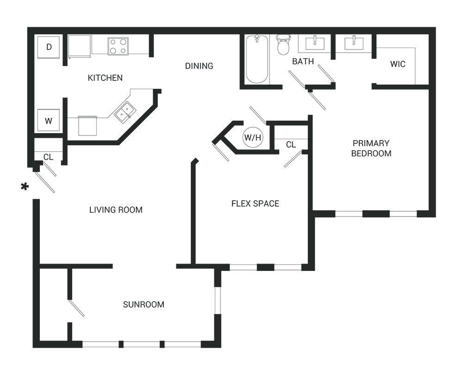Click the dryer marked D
pyautogui.click(x=48, y=47)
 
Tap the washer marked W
pyautogui.click(x=48, y=121)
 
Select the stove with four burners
pyautogui.click(x=118, y=46)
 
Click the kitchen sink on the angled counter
pyautogui.click(x=125, y=111)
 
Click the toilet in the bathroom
pyautogui.click(x=282, y=44)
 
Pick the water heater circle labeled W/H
pyautogui.click(x=253, y=137)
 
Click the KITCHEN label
pyautogui.click(x=105, y=78)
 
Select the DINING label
pyautogui.click(x=199, y=66)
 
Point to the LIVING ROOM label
pyautogui.click(x=116, y=210)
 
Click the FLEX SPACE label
pyautogui.click(x=256, y=203)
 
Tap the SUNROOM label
pyautogui.click(x=144, y=304)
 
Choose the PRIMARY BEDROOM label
pyautogui.click(x=371, y=148)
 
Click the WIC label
pyautogui.click(x=398, y=64)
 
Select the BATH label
pyautogui.click(x=303, y=61)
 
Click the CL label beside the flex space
pyautogui.click(x=291, y=145)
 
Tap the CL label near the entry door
pyautogui.click(x=48, y=157)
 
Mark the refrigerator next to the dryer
pyautogui.click(x=79, y=47)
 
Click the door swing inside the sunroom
pyautogui.click(x=76, y=308)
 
